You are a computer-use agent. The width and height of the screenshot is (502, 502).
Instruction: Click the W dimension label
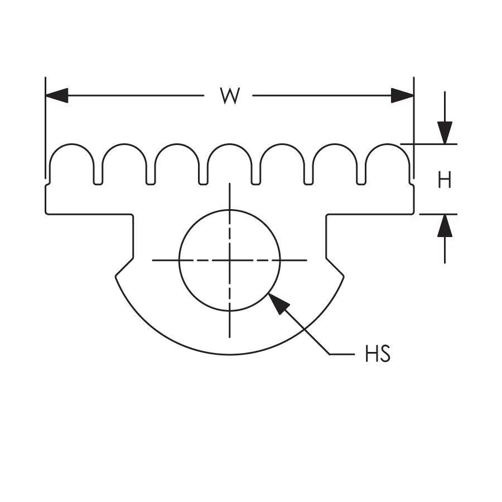pyautogui.click(x=229, y=96)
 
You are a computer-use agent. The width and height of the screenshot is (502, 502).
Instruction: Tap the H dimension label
pyautogui.click(x=444, y=180)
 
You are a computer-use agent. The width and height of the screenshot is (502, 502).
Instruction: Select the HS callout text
pyautogui.click(x=378, y=354)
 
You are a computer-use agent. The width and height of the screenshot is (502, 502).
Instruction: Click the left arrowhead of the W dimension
pyautogui.click(x=56, y=95)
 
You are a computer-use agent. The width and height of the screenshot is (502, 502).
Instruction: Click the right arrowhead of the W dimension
pyautogui.click(x=403, y=95)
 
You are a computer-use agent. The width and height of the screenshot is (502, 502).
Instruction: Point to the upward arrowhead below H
pyautogui.click(x=445, y=225)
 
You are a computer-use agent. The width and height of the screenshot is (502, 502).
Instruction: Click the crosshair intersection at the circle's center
pyautogui.click(x=229, y=260)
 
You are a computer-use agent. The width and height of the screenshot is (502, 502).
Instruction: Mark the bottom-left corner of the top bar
pyautogui.click(x=46, y=213)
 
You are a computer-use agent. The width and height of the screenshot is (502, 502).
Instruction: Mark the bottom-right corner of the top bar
pyautogui.click(x=413, y=213)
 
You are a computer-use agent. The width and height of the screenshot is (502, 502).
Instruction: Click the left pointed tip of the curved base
pyautogui.click(x=115, y=275)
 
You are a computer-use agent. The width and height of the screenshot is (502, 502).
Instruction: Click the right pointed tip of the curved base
pyautogui.click(x=344, y=275)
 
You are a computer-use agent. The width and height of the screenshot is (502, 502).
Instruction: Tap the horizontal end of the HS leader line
pyautogui.click(x=353, y=354)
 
